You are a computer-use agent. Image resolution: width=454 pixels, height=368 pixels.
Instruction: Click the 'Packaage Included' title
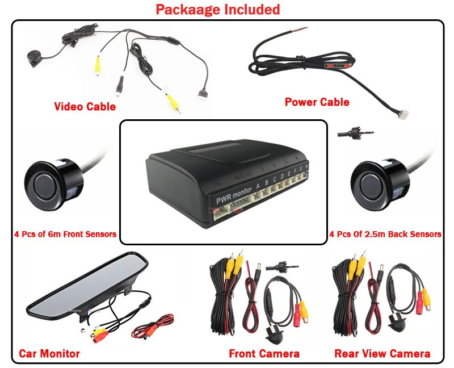pyautogui.click(x=218, y=10)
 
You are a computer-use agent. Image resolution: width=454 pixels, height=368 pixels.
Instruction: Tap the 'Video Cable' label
pyautogui.click(x=85, y=106)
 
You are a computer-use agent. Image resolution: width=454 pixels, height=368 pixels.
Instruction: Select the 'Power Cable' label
pyautogui.click(x=317, y=102)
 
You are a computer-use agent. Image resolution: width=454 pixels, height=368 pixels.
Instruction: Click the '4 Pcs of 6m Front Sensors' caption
pyautogui.click(x=65, y=234)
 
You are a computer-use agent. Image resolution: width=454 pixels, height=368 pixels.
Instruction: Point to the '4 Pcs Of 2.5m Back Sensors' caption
pyautogui.click(x=385, y=234)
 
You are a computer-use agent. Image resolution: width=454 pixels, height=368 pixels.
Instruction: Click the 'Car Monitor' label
pyautogui.click(x=49, y=353)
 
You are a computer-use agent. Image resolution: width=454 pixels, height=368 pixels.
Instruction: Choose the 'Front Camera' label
pyautogui.click(x=264, y=353)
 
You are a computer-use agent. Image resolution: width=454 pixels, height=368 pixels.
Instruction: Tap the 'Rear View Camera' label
pyautogui.click(x=382, y=353)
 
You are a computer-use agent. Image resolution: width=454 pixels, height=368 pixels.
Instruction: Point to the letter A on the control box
pyautogui.click(x=258, y=185)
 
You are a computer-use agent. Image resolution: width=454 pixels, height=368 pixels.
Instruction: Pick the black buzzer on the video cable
pyautogui.click(x=32, y=58)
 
